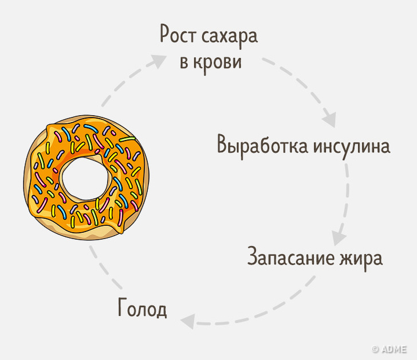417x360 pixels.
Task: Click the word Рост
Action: pyautogui.click(x=178, y=37)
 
